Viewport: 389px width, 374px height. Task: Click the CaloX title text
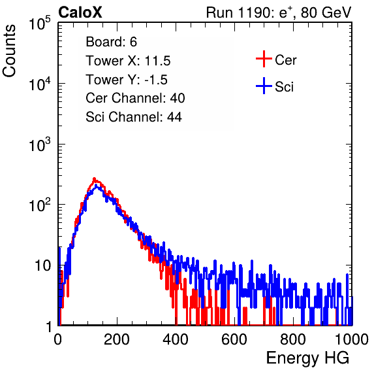click(80, 12)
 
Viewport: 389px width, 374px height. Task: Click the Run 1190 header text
click(279, 12)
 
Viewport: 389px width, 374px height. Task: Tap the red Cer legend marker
click(264, 59)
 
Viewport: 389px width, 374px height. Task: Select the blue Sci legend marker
click(264, 86)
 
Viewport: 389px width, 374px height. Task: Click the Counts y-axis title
click(9, 51)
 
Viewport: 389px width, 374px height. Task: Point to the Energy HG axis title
click(307, 358)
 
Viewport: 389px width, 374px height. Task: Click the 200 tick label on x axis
click(117, 339)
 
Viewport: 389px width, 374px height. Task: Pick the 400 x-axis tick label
click(176, 339)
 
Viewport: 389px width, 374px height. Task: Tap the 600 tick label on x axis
click(234, 339)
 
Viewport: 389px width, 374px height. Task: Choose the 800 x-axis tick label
click(293, 339)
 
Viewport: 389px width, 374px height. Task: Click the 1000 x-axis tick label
click(352, 339)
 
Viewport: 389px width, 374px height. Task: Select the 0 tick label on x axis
click(58, 339)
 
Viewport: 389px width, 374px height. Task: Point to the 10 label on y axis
click(43, 265)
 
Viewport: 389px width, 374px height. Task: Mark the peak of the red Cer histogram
click(94, 178)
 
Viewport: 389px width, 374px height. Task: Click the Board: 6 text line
click(111, 42)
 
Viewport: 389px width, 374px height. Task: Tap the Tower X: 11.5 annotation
click(128, 61)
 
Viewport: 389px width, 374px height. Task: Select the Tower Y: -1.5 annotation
click(127, 80)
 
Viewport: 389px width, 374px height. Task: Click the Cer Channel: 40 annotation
click(135, 98)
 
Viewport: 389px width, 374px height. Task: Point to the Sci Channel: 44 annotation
click(134, 117)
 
